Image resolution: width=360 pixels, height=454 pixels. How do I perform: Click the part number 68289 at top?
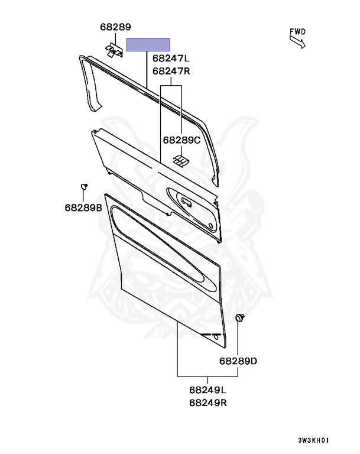[115, 27]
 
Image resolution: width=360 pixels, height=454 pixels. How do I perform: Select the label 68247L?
[171, 59]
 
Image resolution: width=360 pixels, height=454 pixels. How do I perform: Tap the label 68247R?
[171, 71]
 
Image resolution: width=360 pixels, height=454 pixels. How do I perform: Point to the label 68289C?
[181, 140]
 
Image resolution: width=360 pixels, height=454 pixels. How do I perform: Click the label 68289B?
[83, 207]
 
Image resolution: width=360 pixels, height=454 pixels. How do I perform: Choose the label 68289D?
[238, 361]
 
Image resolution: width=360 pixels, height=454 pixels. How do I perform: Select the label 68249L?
[208, 391]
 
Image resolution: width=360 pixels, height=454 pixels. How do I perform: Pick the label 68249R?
[208, 403]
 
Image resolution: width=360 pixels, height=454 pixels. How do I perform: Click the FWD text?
[298, 31]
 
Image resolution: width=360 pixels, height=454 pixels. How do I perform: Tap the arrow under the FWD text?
[297, 41]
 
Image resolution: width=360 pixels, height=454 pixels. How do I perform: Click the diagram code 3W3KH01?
[313, 440]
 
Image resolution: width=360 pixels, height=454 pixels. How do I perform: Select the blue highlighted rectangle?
[148, 44]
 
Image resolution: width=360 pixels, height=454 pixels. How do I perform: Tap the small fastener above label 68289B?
[84, 187]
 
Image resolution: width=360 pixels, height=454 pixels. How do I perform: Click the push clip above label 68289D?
[239, 319]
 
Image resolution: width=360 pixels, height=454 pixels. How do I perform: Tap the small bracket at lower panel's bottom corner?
[216, 338]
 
